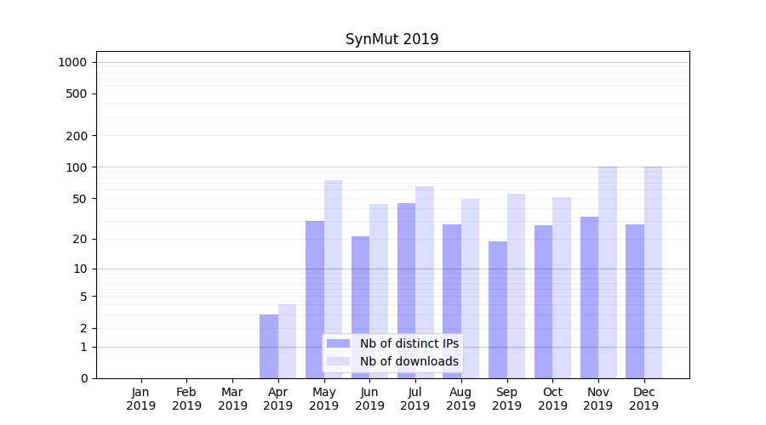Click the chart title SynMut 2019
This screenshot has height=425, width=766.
tap(392, 40)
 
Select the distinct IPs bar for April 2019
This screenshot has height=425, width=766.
tap(269, 346)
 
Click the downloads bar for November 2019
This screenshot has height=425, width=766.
tap(608, 272)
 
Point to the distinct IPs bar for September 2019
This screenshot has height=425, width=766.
tap(498, 309)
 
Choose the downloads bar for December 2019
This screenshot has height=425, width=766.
tap(654, 272)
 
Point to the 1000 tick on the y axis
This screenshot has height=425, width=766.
tap(72, 62)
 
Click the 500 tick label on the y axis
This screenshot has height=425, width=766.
tap(77, 93)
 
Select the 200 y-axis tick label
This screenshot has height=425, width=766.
tap(77, 136)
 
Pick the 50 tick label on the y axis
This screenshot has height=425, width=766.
tap(79, 199)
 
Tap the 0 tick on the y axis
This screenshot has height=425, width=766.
tap(83, 378)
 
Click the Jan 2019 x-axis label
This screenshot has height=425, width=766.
tap(141, 399)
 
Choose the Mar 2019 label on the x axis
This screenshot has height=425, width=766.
tap(232, 399)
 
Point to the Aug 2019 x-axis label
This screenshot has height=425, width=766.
tap(461, 399)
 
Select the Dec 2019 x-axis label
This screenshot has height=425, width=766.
tap(644, 399)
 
